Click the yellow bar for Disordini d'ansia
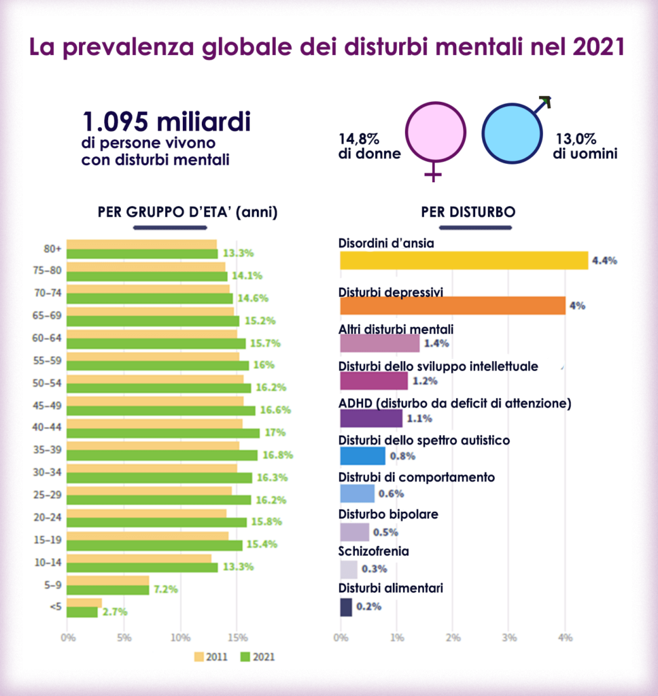click(x=464, y=260)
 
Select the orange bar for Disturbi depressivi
click(x=452, y=305)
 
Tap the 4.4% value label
click(x=604, y=261)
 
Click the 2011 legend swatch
click(x=199, y=657)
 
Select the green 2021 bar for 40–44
click(x=163, y=433)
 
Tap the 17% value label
click(x=276, y=433)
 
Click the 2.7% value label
click(x=115, y=612)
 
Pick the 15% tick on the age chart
click(x=237, y=638)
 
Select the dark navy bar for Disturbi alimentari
click(x=346, y=607)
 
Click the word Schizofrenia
click(x=373, y=551)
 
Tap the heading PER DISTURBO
click(x=468, y=212)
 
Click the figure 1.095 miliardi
click(x=167, y=122)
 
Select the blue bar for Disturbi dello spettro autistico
click(x=362, y=456)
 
